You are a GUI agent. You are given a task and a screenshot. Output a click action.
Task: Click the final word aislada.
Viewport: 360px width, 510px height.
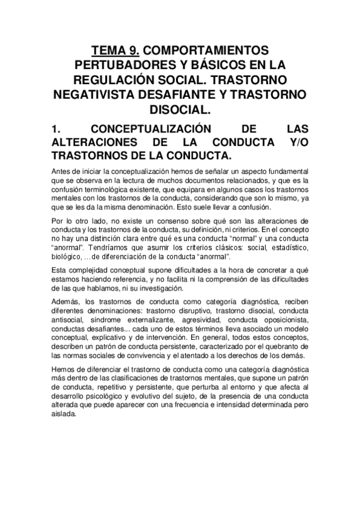tap(64, 414)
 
